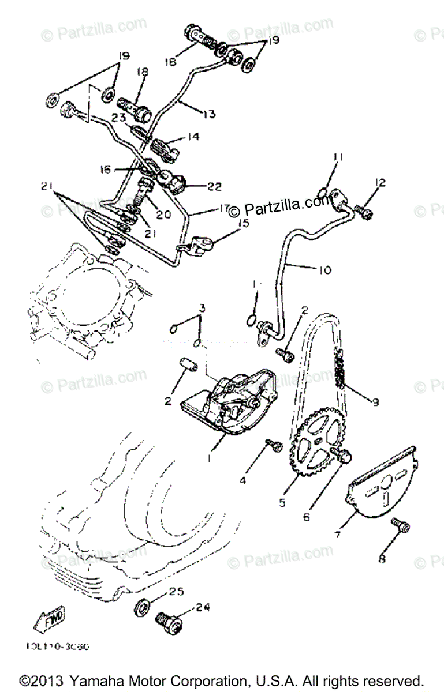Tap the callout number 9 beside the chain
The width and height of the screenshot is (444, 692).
click(376, 402)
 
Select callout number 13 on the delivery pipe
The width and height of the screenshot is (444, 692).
click(208, 114)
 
